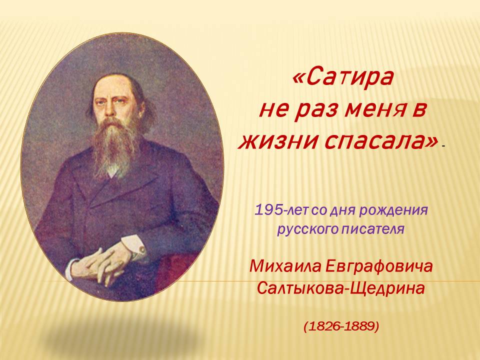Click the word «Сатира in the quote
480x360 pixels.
coord(342,77)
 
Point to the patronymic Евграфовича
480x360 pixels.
coord(379,266)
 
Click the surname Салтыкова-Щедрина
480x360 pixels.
coord(341,288)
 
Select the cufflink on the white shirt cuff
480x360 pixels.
coord(142,250)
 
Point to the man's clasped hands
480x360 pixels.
coord(101,263)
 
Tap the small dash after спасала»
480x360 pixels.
coord(443,147)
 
